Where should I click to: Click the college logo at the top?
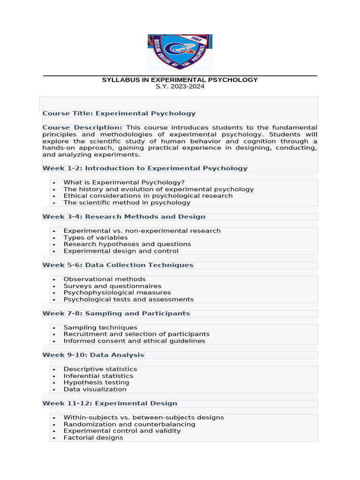point(180,52)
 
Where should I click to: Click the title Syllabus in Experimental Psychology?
point(180,80)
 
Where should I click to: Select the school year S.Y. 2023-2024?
point(180,87)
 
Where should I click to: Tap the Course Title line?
point(119,113)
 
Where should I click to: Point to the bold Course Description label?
point(82,127)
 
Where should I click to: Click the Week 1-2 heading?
point(145,168)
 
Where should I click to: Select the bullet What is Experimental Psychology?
point(124,182)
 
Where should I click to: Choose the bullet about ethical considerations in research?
point(148,196)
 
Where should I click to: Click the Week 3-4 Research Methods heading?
point(124,217)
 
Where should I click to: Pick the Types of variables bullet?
point(96,238)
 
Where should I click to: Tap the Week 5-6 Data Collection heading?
point(118,265)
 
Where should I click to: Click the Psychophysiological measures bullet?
point(117,292)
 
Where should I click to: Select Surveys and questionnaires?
point(112,286)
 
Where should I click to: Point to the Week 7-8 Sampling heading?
point(116,313)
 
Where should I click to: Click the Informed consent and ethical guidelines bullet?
point(134,341)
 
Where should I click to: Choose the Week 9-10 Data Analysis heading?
point(93,355)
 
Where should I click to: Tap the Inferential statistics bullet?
point(98,376)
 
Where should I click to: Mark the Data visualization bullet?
point(95,389)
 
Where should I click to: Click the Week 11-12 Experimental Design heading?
point(110,403)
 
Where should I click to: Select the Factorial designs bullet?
point(93,438)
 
